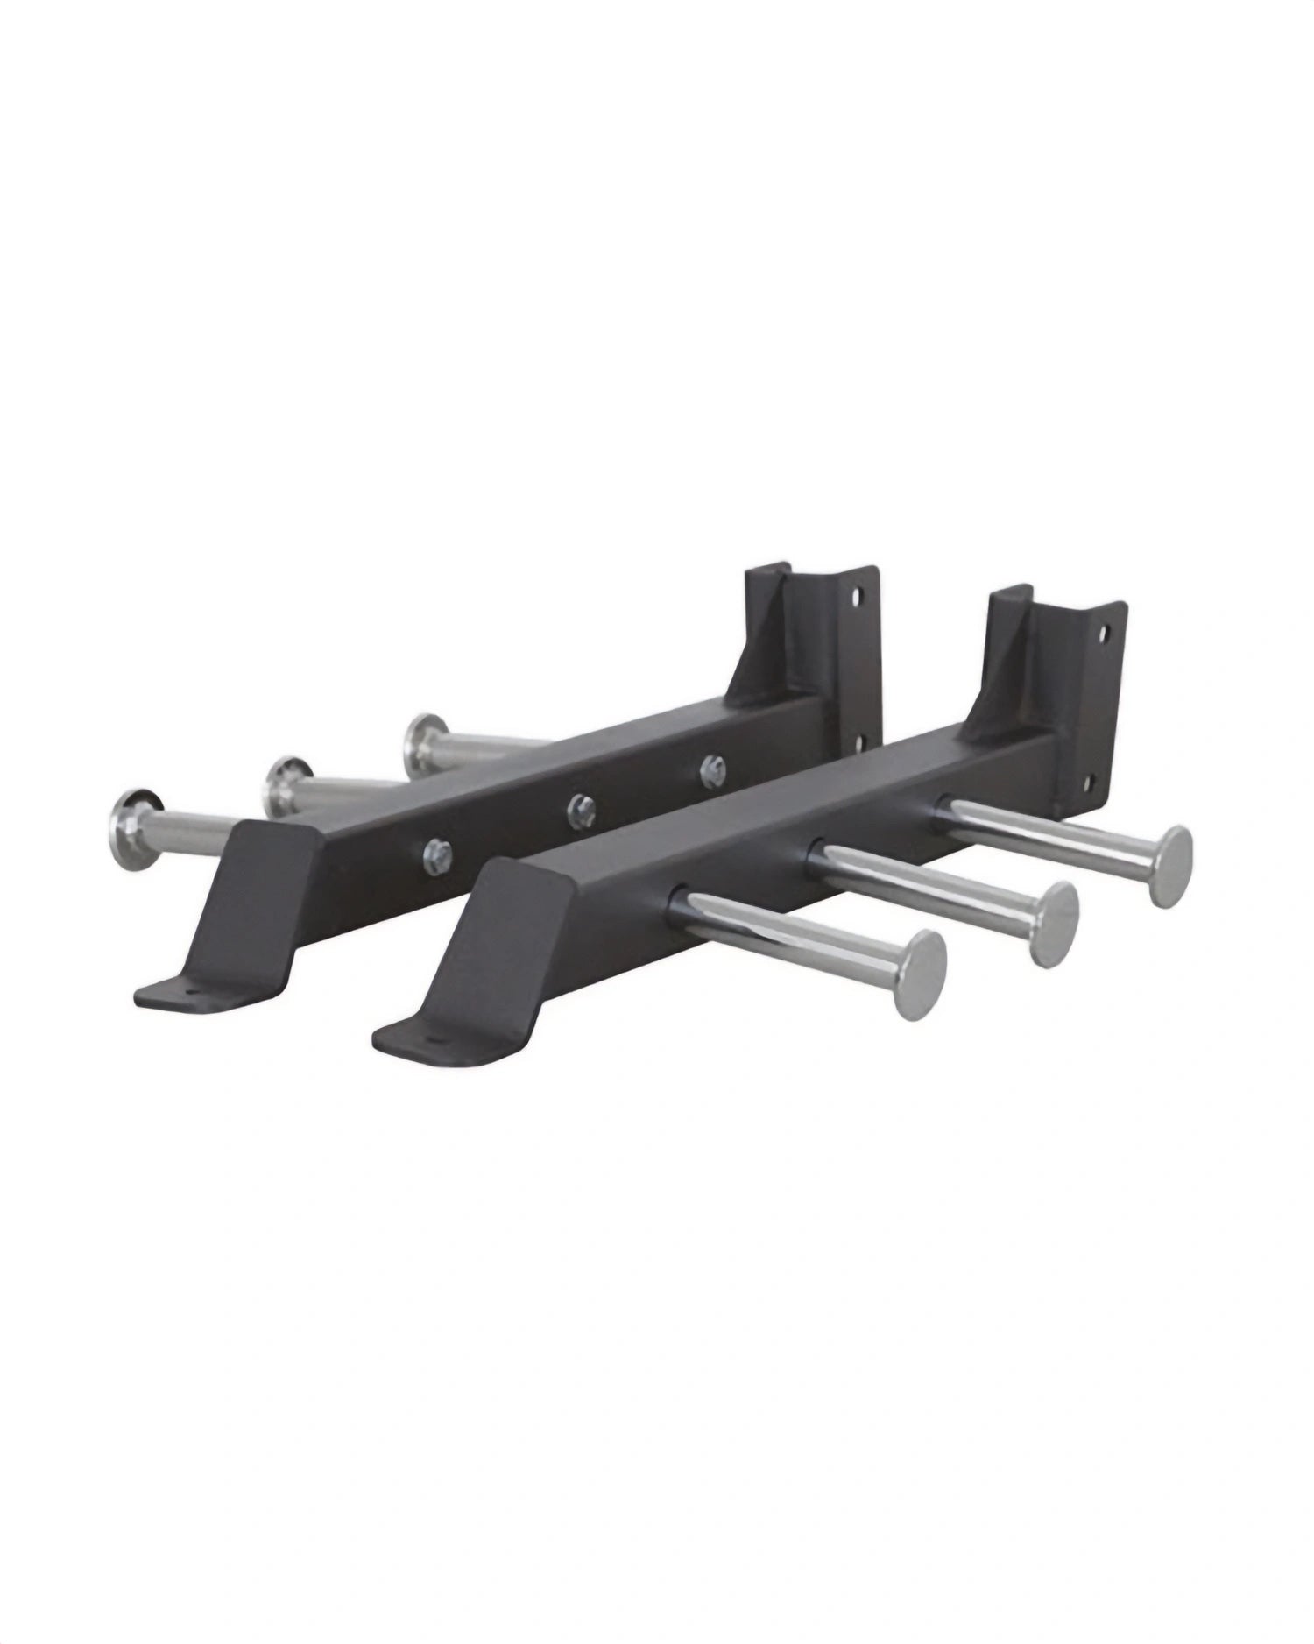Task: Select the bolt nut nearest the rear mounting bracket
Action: [x=710, y=769]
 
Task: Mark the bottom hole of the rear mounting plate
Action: [x=856, y=743]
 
